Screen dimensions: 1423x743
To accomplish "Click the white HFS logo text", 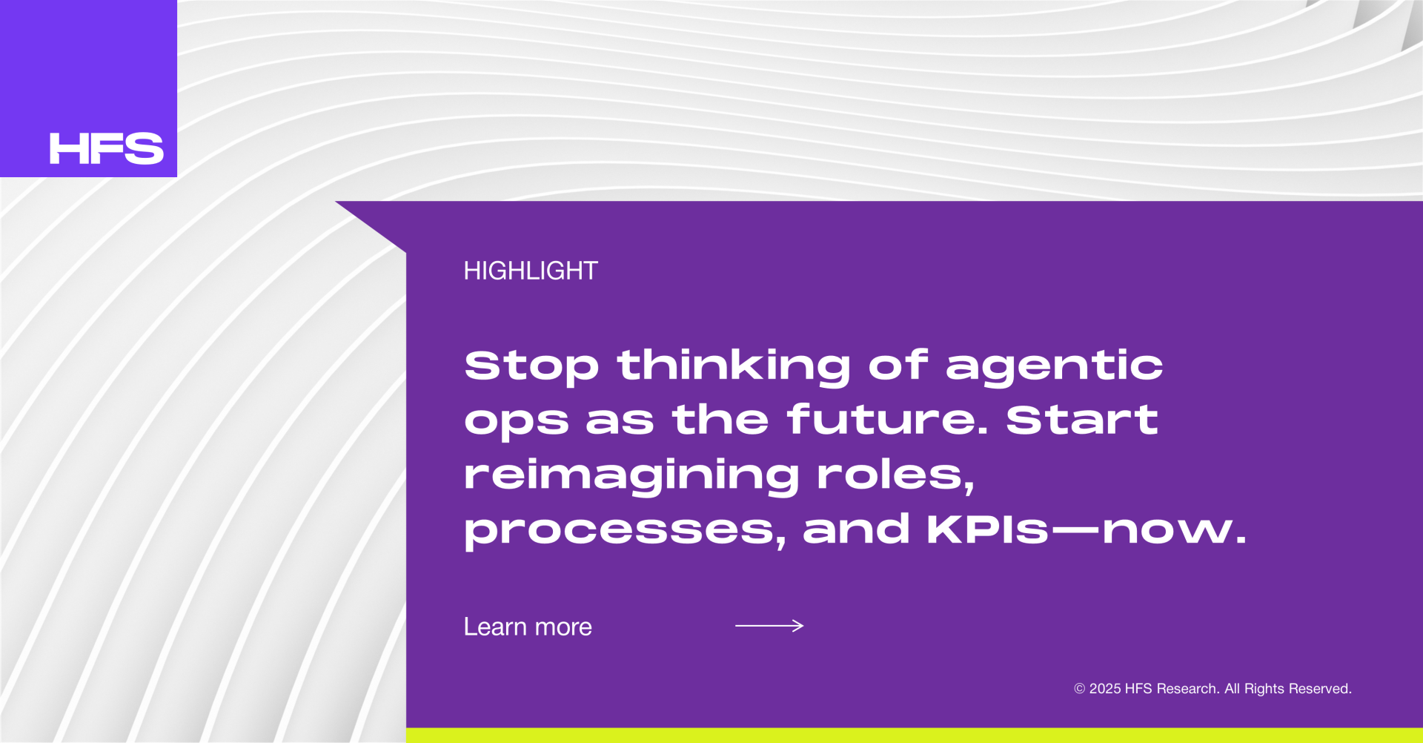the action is (107, 148).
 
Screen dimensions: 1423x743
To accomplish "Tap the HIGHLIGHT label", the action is (531, 271).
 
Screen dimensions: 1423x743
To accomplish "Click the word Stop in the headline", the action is (531, 366).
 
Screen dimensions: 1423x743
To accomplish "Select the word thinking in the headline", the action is (734, 366).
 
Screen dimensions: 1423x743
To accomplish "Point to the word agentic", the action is (1055, 366).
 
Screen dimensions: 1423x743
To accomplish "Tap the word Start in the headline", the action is (1082, 419).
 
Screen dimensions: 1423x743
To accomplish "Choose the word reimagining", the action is (631, 475).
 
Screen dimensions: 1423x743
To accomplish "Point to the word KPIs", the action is (988, 529).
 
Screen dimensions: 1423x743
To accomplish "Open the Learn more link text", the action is (528, 627).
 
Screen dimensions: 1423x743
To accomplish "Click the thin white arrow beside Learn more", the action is (769, 626).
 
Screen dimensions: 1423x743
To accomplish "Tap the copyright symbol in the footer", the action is (1079, 689).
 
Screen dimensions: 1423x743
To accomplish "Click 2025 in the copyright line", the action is (1104, 689).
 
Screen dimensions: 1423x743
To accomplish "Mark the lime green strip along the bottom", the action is (915, 736).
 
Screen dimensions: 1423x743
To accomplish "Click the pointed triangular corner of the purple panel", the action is (337, 202).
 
